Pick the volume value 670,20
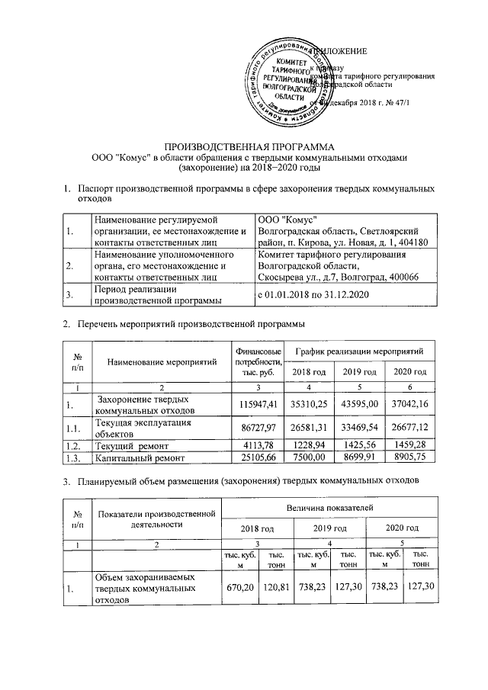[x=239, y=589]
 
